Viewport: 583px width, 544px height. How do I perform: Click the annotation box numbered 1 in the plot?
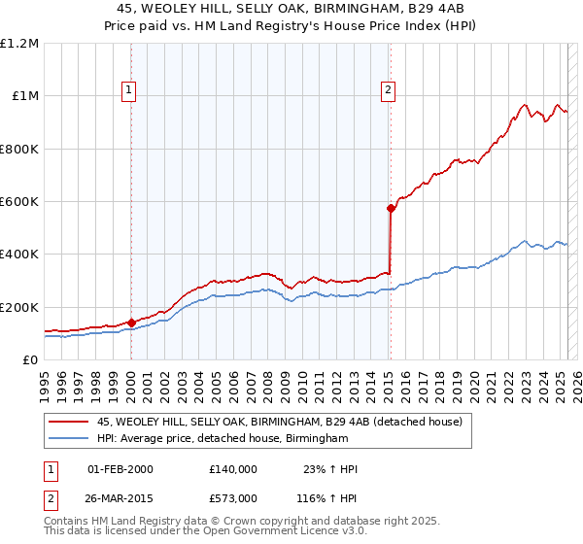[x=130, y=91]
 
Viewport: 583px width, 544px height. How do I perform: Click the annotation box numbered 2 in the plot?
[x=388, y=91]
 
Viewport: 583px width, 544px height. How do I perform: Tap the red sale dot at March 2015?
[x=391, y=208]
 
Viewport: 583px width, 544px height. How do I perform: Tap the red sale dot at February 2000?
[x=131, y=323]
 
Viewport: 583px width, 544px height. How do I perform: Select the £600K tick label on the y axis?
[x=19, y=202]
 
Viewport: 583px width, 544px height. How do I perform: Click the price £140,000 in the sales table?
[x=232, y=469]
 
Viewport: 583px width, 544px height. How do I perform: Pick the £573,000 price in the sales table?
[x=232, y=497]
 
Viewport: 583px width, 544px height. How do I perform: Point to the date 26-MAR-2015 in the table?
[x=120, y=497]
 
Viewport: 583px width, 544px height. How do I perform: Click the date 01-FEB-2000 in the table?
[x=120, y=469]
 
